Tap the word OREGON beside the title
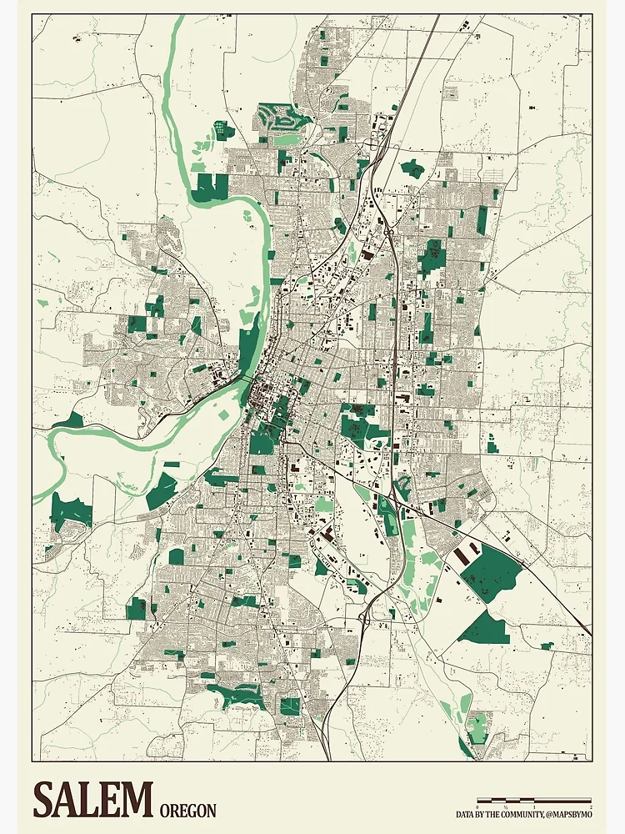187,811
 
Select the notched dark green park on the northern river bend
209,188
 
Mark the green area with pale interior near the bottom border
477,727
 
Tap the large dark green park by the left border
71,510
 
